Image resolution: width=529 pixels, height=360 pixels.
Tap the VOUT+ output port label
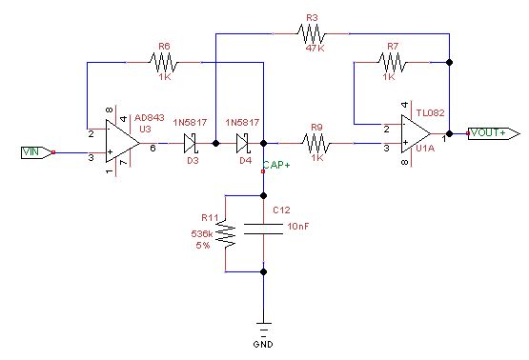[x=491, y=132]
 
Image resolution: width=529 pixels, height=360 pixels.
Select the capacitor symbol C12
[x=263, y=229]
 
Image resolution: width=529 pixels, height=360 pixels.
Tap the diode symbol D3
[x=190, y=144]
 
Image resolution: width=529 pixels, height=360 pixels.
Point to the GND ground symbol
[x=263, y=328]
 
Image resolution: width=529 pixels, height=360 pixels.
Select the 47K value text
[x=314, y=47]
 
